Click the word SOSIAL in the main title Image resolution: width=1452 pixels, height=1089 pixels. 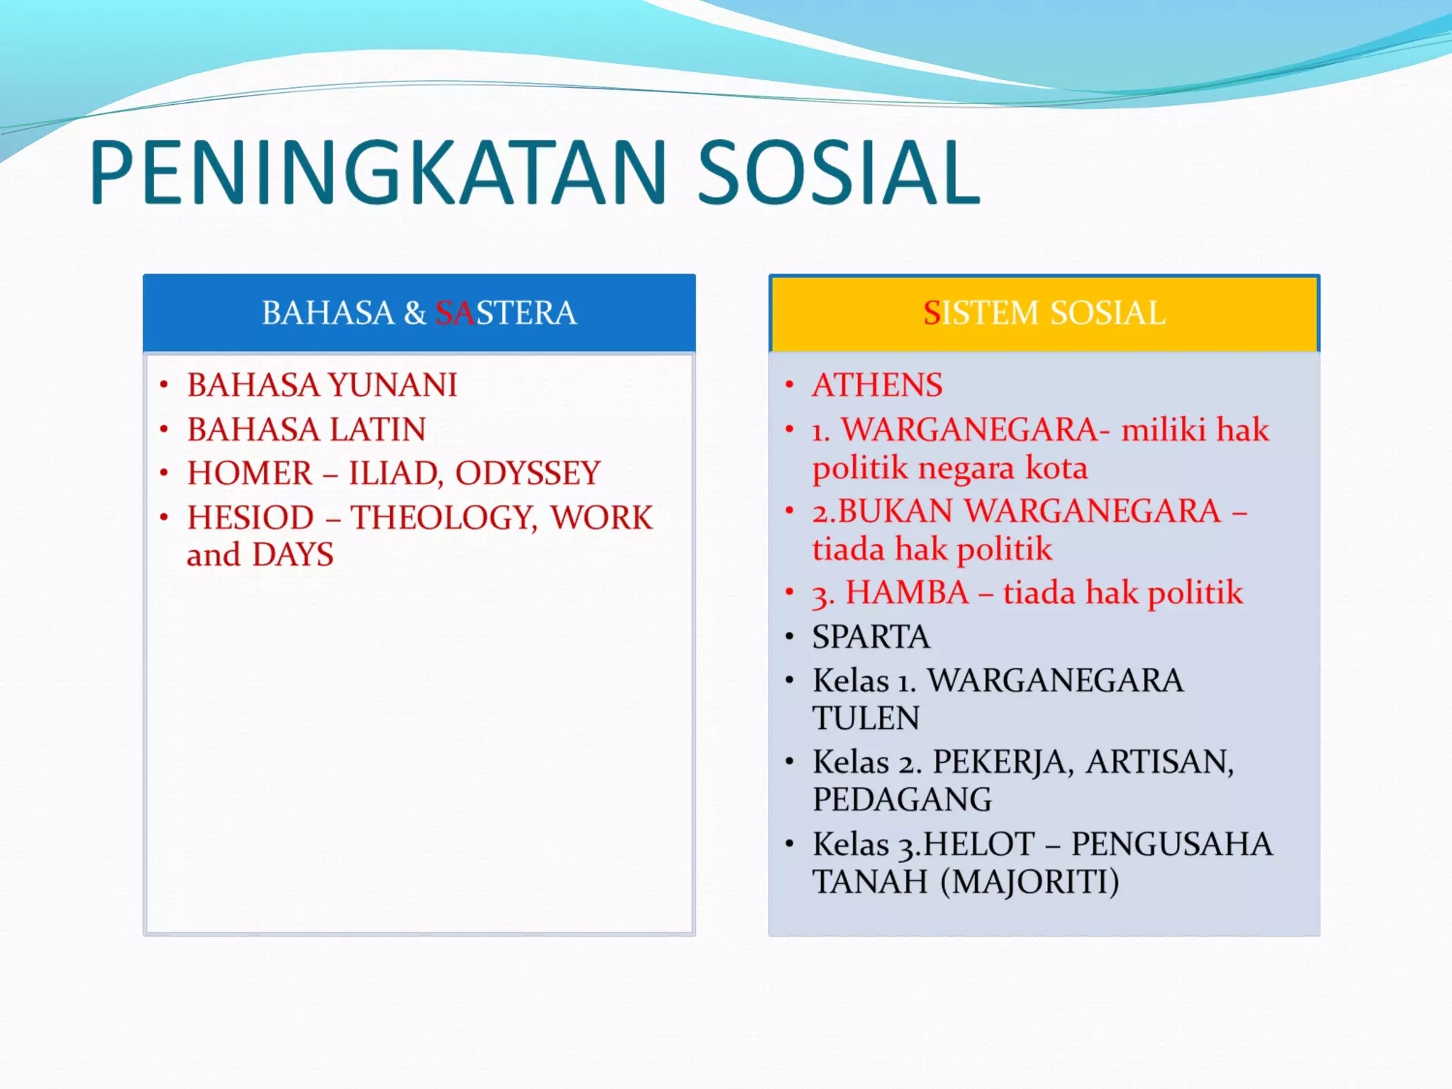[839, 174]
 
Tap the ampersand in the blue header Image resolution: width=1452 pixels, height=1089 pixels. [415, 313]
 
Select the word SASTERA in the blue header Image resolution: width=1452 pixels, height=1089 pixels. [506, 313]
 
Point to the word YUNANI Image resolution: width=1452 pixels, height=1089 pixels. [393, 386]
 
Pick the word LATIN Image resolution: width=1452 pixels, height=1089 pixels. [377, 430]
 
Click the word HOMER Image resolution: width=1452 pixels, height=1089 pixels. [250, 474]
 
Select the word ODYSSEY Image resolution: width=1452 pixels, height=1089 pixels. [527, 474]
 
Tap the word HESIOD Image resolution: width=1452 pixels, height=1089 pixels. [250, 518]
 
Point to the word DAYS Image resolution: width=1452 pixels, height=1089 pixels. [293, 555]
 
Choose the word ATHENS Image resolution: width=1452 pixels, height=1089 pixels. [877, 386]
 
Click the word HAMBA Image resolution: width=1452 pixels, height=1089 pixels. [907, 593]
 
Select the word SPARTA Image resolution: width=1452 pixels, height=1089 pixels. [871, 637]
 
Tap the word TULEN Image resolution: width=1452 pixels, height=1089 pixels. [866, 718]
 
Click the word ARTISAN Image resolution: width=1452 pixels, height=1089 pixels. [1160, 763]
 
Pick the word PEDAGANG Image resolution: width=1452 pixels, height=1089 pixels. [902, 800]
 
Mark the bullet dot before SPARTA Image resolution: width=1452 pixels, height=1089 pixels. [789, 637]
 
